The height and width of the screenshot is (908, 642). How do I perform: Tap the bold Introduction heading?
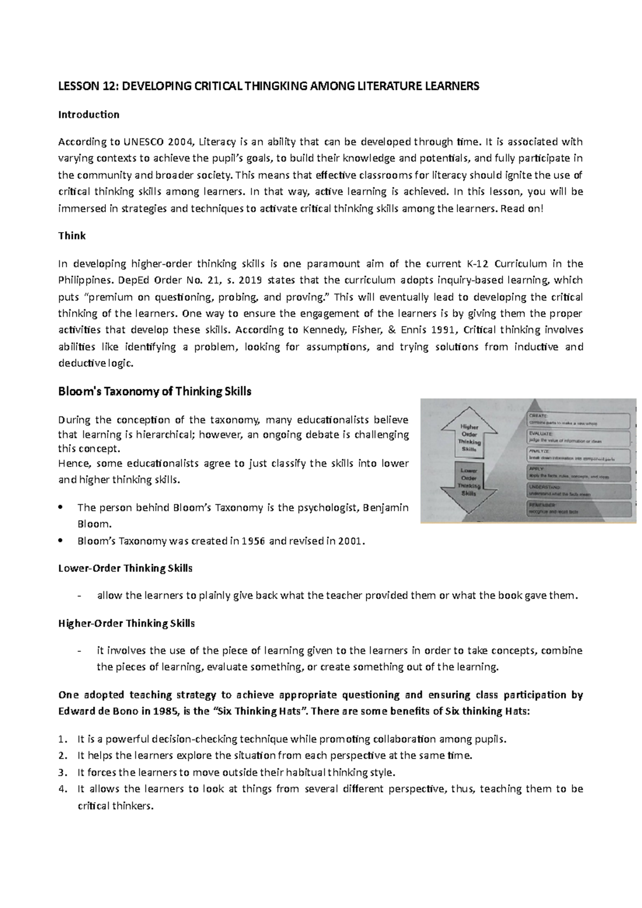[88, 114]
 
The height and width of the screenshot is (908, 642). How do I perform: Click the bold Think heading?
[72, 236]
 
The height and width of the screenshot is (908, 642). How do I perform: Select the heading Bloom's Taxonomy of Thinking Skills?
[154, 391]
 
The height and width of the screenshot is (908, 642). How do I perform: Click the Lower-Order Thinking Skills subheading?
[125, 568]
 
